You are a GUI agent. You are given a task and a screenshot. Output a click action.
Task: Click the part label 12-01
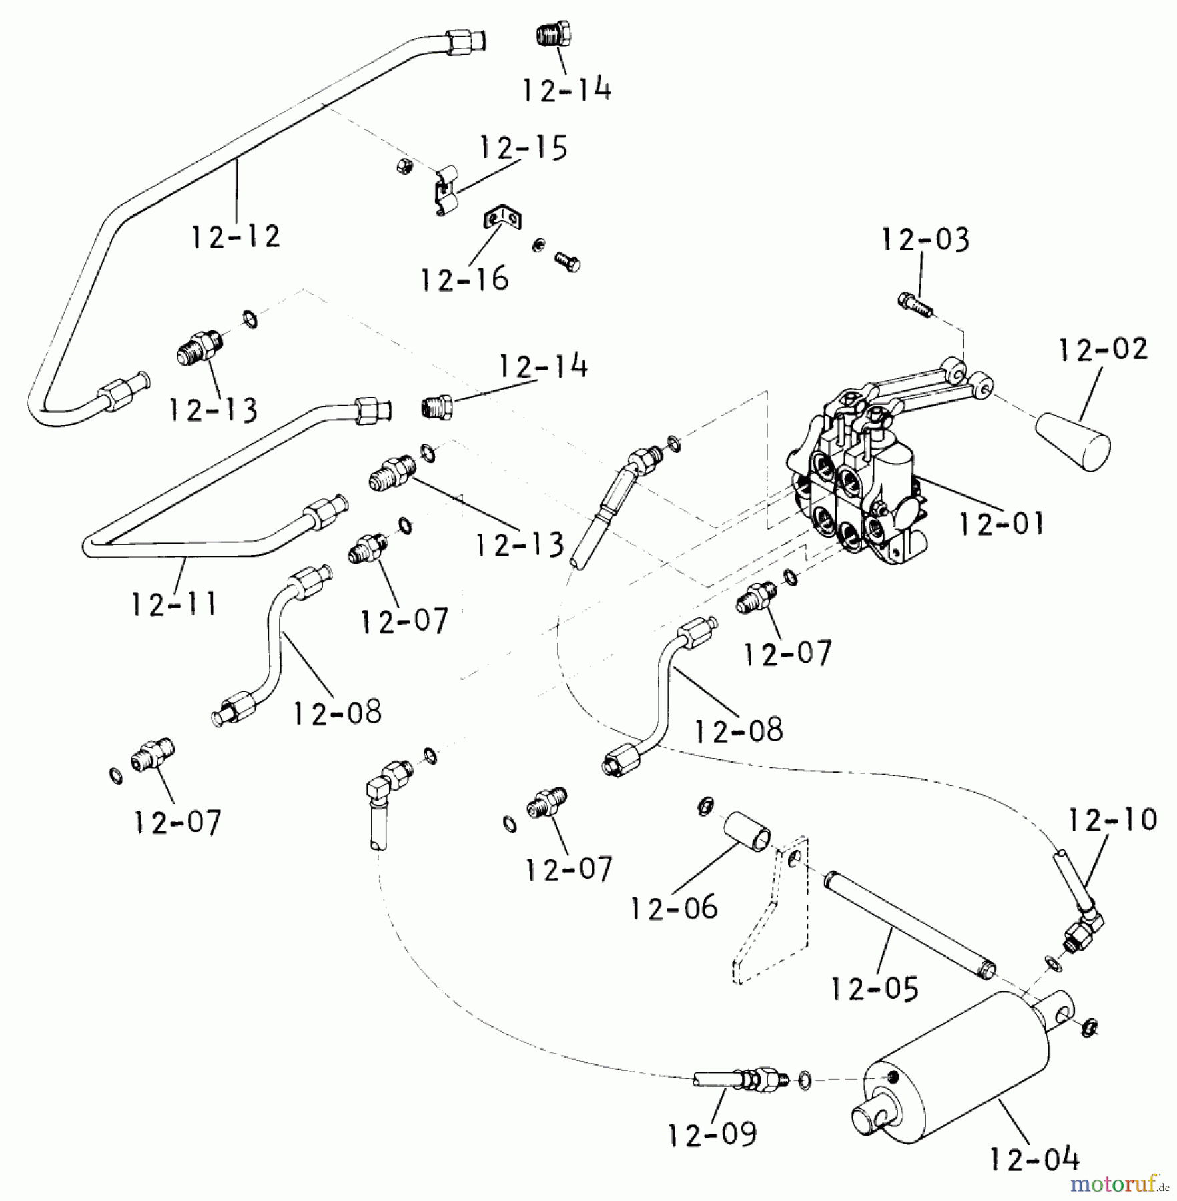tap(1001, 524)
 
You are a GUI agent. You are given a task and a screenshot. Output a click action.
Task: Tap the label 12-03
tap(925, 240)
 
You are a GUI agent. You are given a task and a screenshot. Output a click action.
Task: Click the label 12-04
tap(1034, 1160)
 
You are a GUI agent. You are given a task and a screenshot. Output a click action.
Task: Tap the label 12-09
tap(713, 1134)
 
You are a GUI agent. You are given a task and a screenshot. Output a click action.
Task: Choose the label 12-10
tap(1113, 820)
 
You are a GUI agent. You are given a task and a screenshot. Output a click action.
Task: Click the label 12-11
tap(174, 605)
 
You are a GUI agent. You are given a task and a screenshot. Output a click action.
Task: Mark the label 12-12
tap(236, 236)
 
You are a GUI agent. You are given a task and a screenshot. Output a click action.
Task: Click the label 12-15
tap(523, 148)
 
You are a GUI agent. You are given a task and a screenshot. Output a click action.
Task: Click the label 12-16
tap(464, 279)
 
